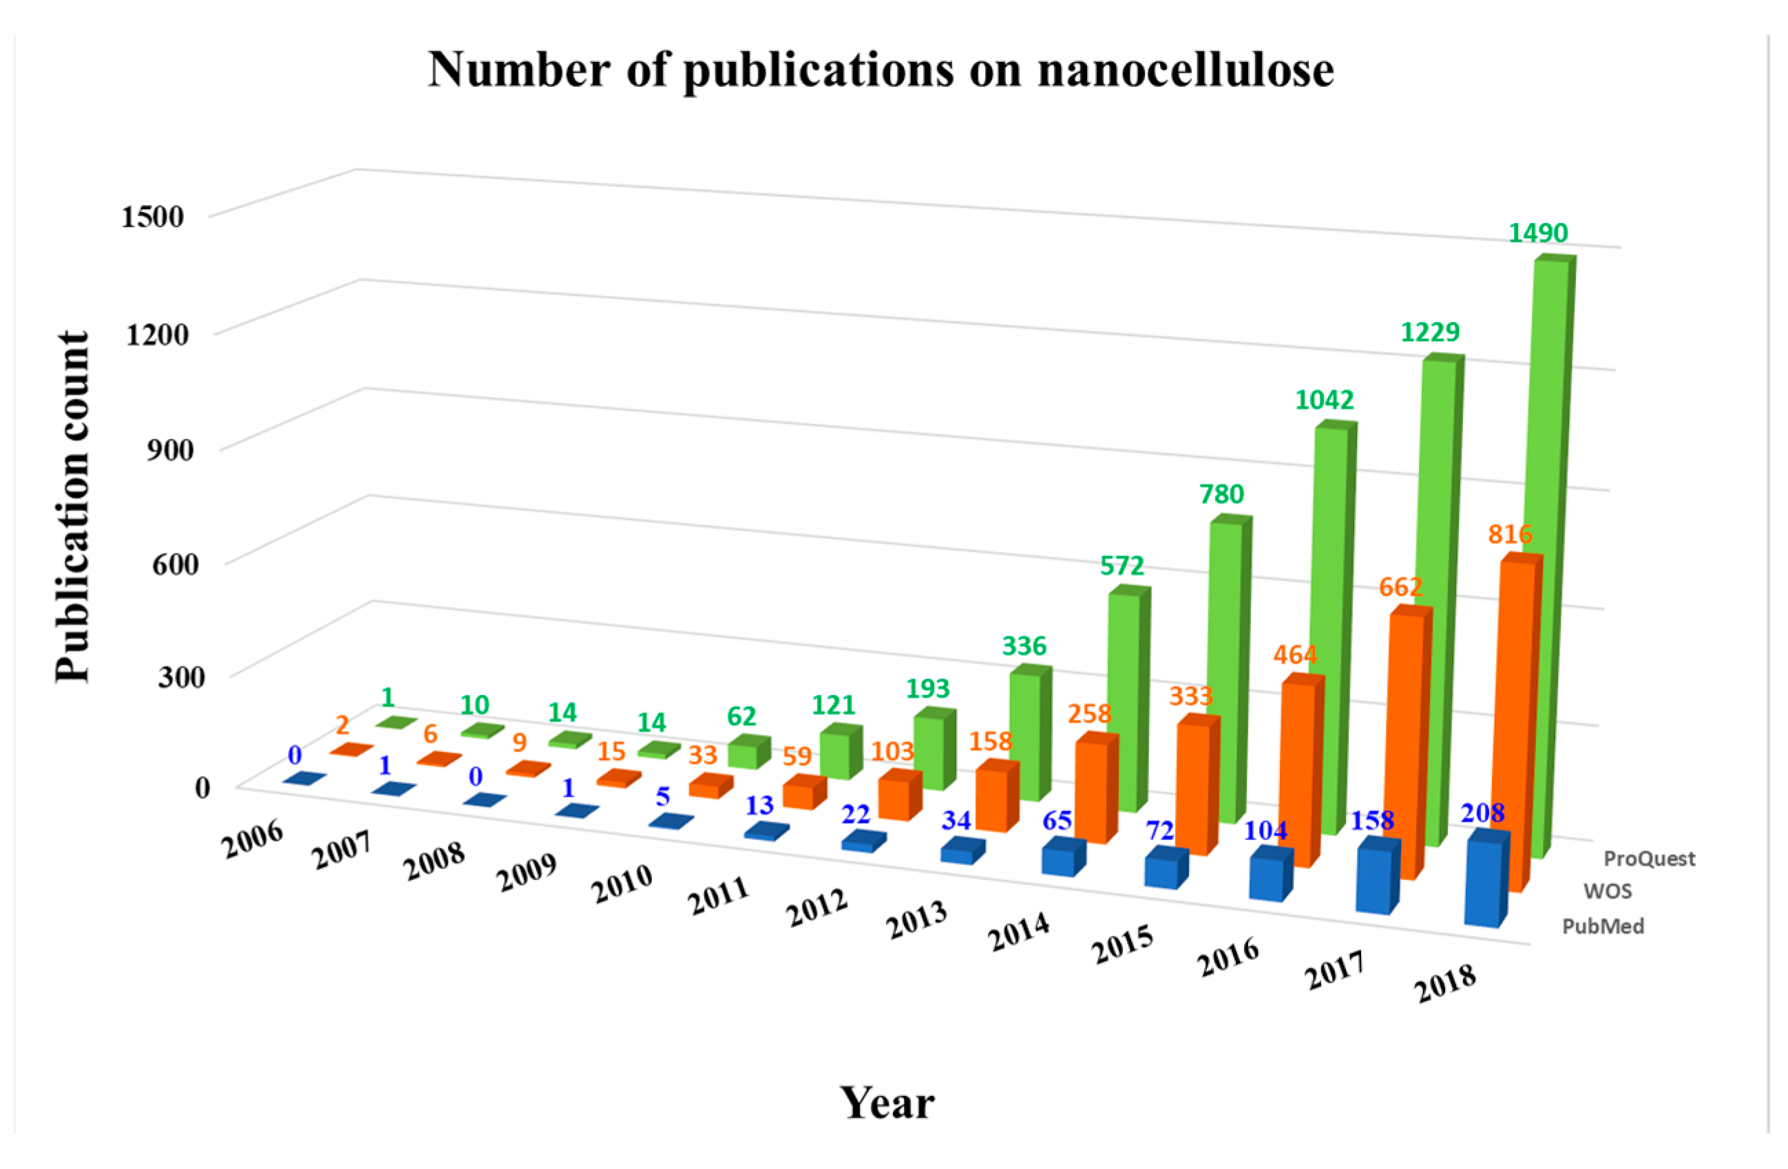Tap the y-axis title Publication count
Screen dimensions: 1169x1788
click(73, 507)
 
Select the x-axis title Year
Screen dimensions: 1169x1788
click(887, 1103)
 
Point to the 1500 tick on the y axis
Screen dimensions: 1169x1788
click(153, 216)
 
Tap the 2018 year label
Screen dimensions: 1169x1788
click(1444, 983)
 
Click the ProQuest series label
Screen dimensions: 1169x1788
click(1649, 858)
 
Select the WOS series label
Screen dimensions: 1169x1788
click(1607, 891)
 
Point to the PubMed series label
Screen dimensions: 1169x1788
click(1602, 925)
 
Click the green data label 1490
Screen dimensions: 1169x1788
click(1538, 233)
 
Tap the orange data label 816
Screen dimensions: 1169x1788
click(1509, 534)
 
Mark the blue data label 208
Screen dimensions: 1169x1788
click(1482, 813)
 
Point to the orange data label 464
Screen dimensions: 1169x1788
click(1295, 655)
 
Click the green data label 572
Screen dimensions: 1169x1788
click(1122, 566)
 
